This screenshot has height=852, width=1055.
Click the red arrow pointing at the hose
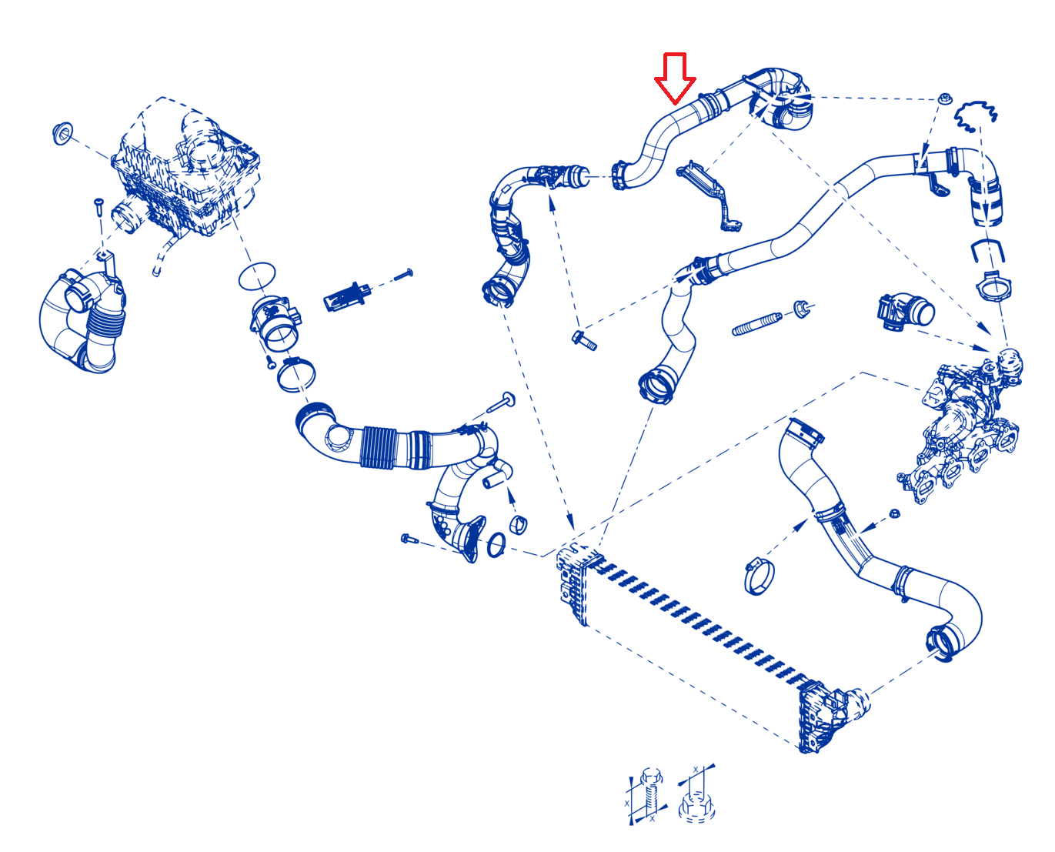[675, 79]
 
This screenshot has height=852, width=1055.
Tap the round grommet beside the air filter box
[62, 132]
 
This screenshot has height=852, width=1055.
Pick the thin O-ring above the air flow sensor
[257, 276]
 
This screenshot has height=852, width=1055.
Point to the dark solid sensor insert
[347, 296]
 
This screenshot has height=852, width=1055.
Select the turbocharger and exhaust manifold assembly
[961, 426]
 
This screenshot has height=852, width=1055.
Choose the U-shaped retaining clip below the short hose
[987, 251]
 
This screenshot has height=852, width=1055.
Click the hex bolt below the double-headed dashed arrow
[584, 340]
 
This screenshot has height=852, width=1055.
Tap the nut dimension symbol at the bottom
[696, 794]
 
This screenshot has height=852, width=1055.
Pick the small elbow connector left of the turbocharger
[906, 312]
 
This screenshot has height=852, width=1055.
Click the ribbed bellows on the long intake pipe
[379, 448]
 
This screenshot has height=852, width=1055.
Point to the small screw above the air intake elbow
[98, 206]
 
